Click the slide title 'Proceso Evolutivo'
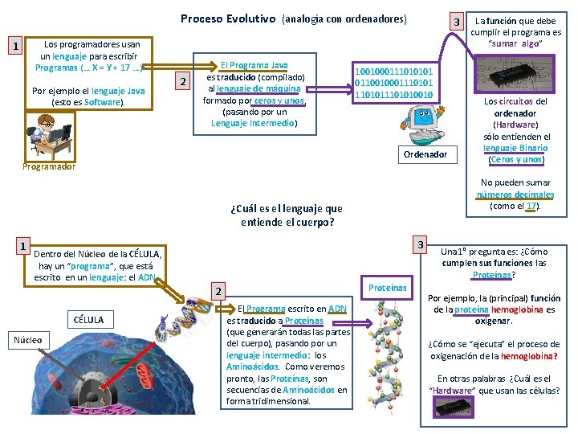click(228, 18)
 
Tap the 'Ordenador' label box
click(425, 154)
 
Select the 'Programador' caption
click(49, 166)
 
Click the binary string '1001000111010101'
click(399, 72)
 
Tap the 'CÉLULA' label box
click(88, 319)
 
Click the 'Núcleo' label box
click(27, 340)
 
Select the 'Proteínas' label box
click(387, 288)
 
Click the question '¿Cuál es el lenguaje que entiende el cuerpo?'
click(286, 215)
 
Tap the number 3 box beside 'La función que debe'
click(456, 21)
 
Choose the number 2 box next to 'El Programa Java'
click(183, 82)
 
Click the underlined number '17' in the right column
click(530, 205)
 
